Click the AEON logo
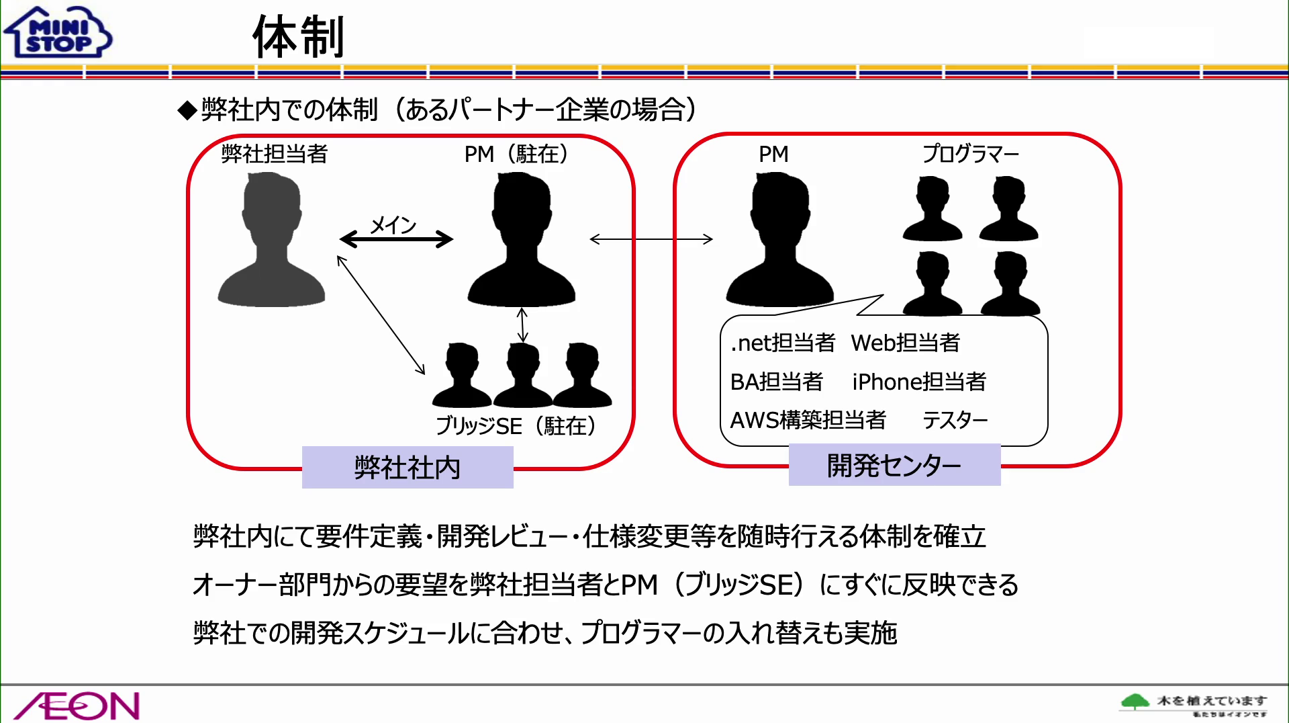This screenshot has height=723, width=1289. tap(77, 705)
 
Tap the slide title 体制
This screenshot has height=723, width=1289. tap(298, 38)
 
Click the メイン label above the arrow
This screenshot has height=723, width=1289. tap(393, 224)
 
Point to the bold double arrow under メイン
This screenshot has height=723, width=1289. tap(396, 239)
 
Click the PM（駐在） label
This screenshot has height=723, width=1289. tap(516, 155)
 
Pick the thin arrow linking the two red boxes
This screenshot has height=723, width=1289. tap(651, 239)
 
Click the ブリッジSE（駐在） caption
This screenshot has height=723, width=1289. tap(516, 426)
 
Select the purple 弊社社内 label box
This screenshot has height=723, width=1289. tap(408, 467)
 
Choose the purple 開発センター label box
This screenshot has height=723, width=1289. tap(894, 465)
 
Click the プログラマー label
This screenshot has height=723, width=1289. tap(970, 155)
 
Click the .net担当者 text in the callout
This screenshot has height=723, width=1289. tap(783, 343)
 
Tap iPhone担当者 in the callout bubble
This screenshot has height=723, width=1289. tap(919, 382)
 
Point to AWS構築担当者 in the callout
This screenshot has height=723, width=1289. tap(808, 421)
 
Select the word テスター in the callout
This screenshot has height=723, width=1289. tap(955, 421)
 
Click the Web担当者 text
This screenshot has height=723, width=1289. tap(906, 343)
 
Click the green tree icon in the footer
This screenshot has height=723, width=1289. tap(1135, 702)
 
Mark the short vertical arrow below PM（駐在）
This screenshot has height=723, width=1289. tap(522, 325)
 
